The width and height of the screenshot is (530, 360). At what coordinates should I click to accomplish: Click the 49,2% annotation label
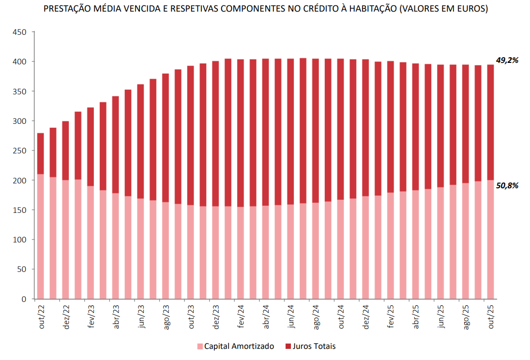pos(507,60)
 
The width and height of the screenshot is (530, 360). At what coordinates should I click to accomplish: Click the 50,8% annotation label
pos(507,185)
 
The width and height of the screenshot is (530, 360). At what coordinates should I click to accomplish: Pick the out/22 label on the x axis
pos(41,317)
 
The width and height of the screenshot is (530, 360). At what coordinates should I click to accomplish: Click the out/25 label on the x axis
pos(490,317)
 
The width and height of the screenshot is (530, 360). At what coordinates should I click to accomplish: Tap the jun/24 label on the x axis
pos(290,317)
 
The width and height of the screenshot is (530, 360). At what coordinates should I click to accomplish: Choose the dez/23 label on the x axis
pos(215,317)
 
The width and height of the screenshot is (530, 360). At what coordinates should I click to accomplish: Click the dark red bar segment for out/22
pos(41,153)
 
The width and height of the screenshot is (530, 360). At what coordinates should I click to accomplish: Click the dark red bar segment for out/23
pos(191,135)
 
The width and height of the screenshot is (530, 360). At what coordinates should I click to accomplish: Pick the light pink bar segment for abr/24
pos(265,252)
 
